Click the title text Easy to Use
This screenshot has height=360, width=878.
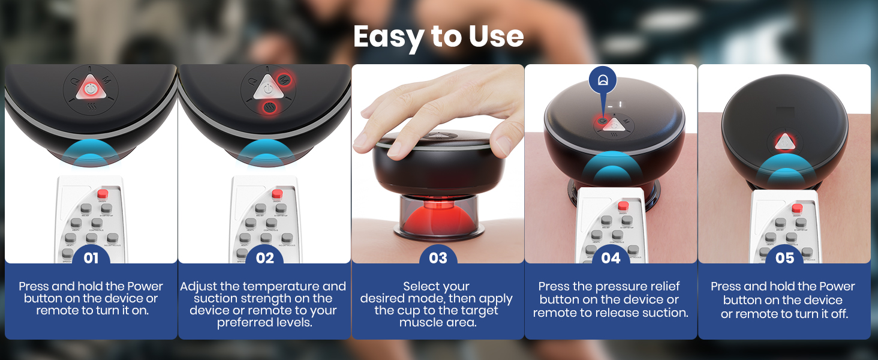coord(438,37)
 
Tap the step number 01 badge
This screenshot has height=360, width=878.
coord(91,258)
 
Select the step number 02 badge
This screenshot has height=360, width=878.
coord(264,258)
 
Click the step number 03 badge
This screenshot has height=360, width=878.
coord(438,258)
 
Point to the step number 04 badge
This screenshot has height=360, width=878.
coord(611,258)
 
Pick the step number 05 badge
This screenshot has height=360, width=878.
coord(784,258)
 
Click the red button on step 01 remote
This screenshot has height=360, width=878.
coord(103,194)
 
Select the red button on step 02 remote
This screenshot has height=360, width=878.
coord(276,194)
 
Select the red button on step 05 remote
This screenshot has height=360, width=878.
coord(797,208)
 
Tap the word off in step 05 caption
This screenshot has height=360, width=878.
coord(838,314)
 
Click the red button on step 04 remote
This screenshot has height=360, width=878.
coord(623,206)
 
